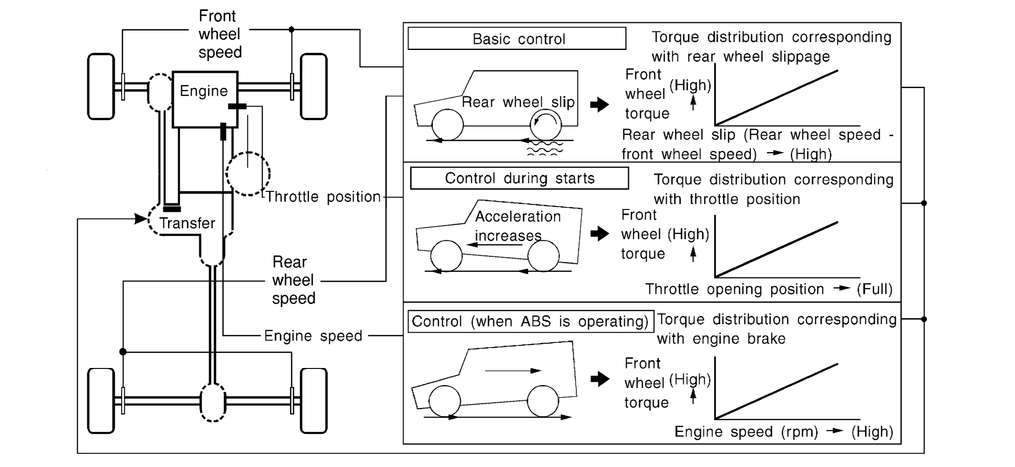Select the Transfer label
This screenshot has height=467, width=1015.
point(187,223)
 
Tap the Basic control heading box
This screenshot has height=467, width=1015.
point(517,39)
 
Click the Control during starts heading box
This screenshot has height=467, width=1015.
point(519,179)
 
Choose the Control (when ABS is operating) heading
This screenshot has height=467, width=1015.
point(530,321)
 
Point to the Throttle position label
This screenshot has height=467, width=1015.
point(323,197)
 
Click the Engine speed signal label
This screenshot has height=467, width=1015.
point(313,336)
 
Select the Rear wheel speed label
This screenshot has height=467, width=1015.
point(293,280)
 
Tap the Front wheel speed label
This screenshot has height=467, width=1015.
point(219,34)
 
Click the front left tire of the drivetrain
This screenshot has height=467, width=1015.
point(101,86)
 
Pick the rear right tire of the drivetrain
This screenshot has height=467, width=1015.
point(314,400)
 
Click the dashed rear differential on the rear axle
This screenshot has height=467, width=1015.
point(213,402)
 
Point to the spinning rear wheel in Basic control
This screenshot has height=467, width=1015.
point(546,125)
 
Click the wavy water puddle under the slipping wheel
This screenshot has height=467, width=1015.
point(545,149)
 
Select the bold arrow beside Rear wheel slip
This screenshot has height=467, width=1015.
point(599,105)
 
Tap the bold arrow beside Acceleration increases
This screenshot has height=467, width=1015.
point(599,233)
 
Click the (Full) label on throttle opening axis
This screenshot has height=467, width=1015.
point(874,289)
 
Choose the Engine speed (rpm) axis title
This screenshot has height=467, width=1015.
point(746,432)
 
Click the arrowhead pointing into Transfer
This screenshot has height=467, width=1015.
point(141,219)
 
